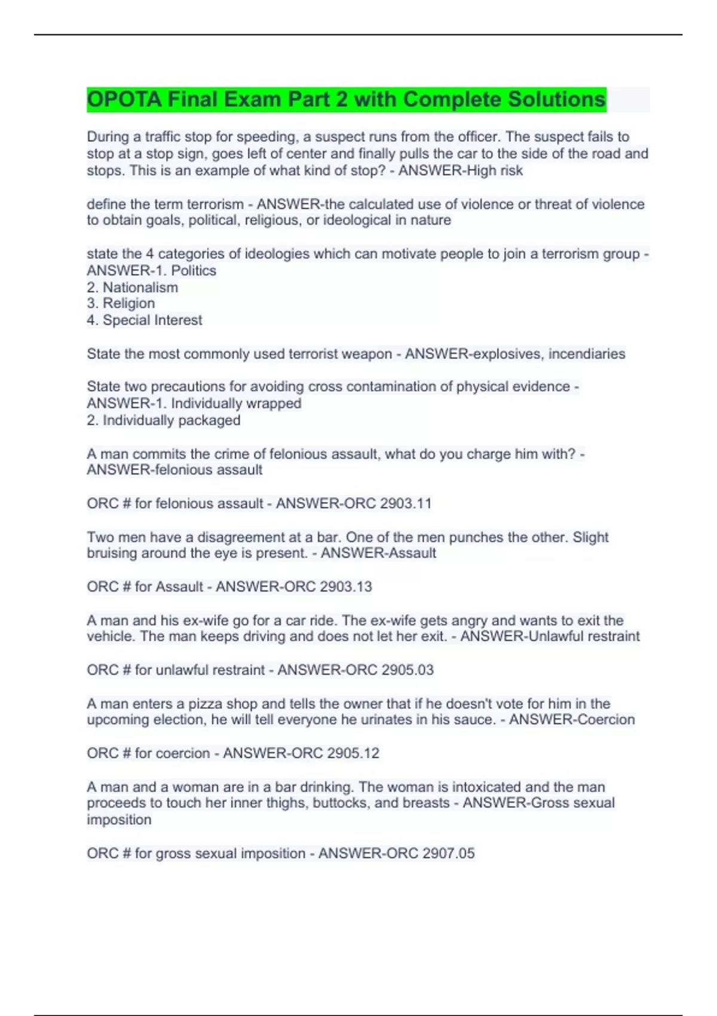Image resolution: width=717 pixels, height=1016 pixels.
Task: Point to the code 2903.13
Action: point(346,586)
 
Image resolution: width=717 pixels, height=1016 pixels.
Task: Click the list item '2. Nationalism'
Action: point(133,287)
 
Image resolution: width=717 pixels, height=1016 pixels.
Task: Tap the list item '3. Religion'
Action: point(121,303)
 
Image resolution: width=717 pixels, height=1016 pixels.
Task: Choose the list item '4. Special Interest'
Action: point(145,320)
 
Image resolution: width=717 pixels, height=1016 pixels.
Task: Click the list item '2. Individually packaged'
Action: point(164,420)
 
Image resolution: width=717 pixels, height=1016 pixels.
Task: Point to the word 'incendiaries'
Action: point(587,354)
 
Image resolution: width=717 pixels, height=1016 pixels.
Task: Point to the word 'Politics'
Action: point(194,270)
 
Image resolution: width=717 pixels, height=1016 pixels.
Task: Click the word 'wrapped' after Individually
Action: point(274,403)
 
